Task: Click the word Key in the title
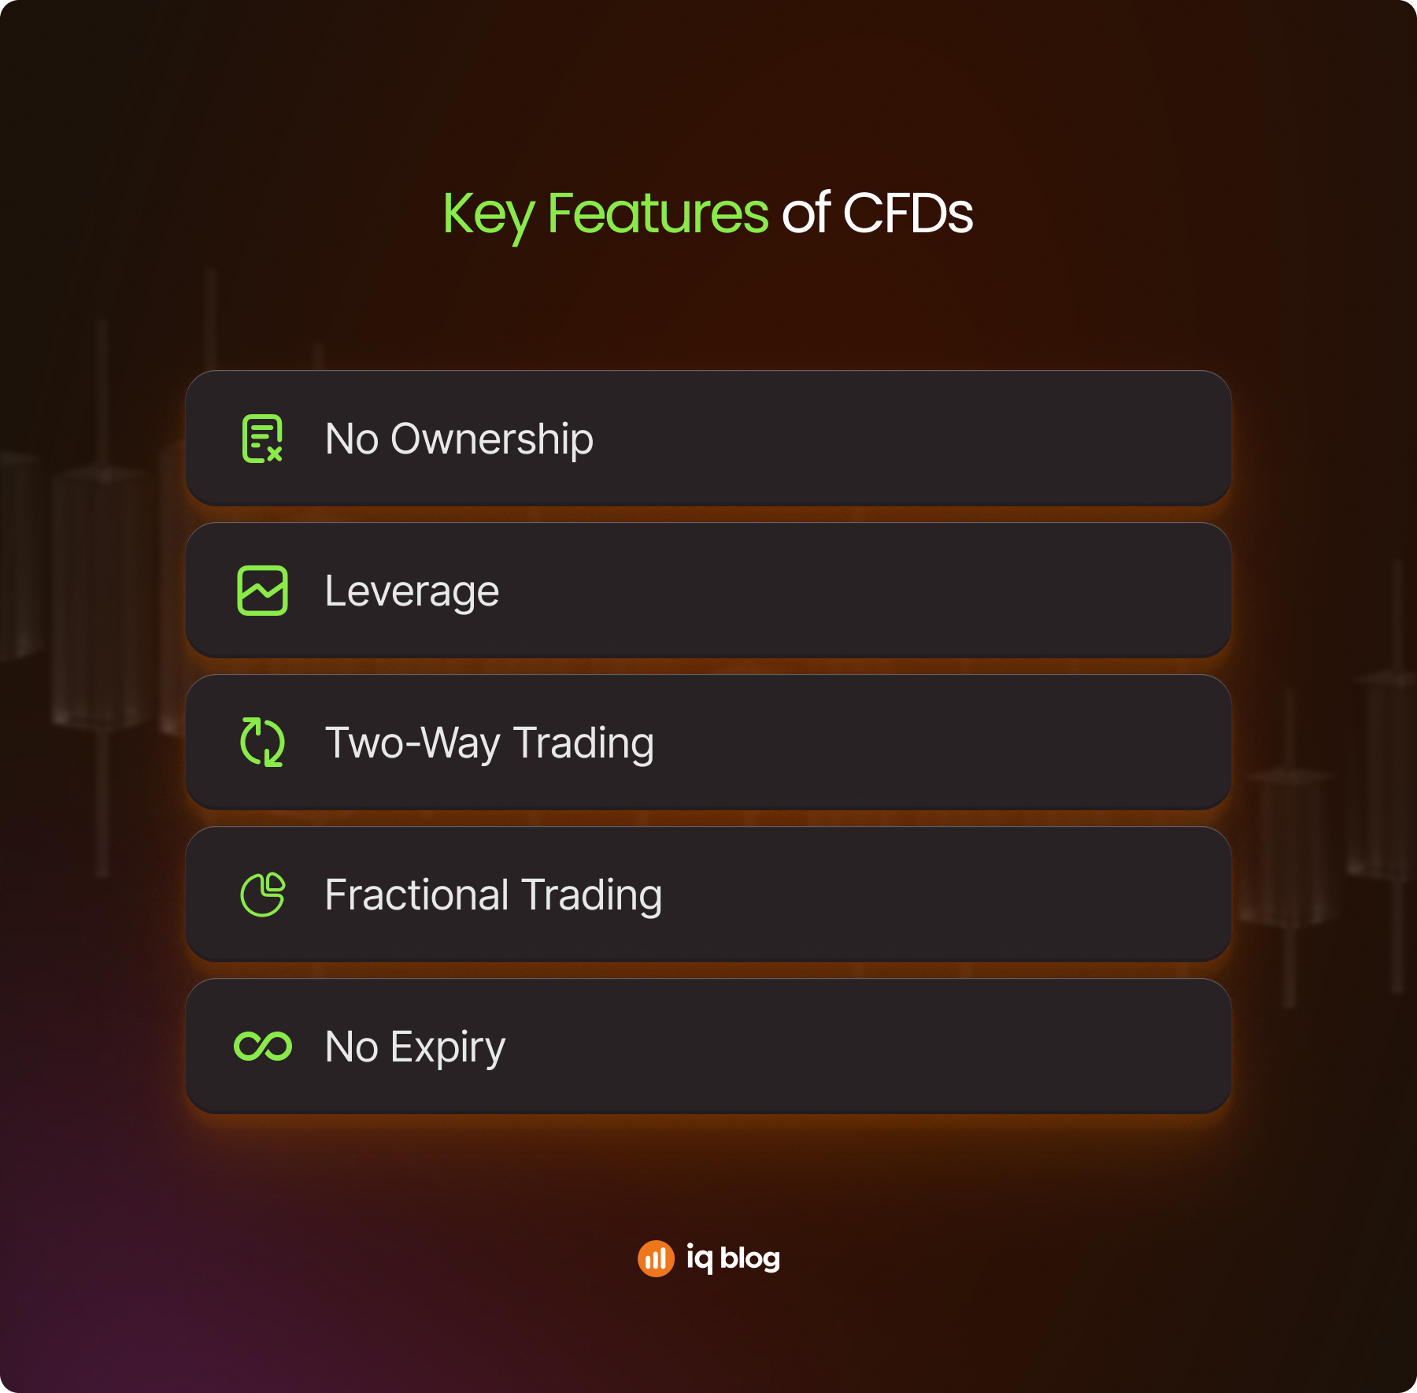click(x=489, y=214)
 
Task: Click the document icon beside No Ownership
click(x=262, y=439)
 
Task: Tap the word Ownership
click(x=492, y=439)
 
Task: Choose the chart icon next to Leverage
click(x=262, y=591)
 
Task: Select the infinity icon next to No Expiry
click(x=263, y=1047)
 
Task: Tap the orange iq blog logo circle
click(x=656, y=1258)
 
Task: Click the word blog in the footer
click(x=750, y=1258)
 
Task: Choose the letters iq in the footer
click(x=699, y=1258)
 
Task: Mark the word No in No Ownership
click(x=352, y=439)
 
